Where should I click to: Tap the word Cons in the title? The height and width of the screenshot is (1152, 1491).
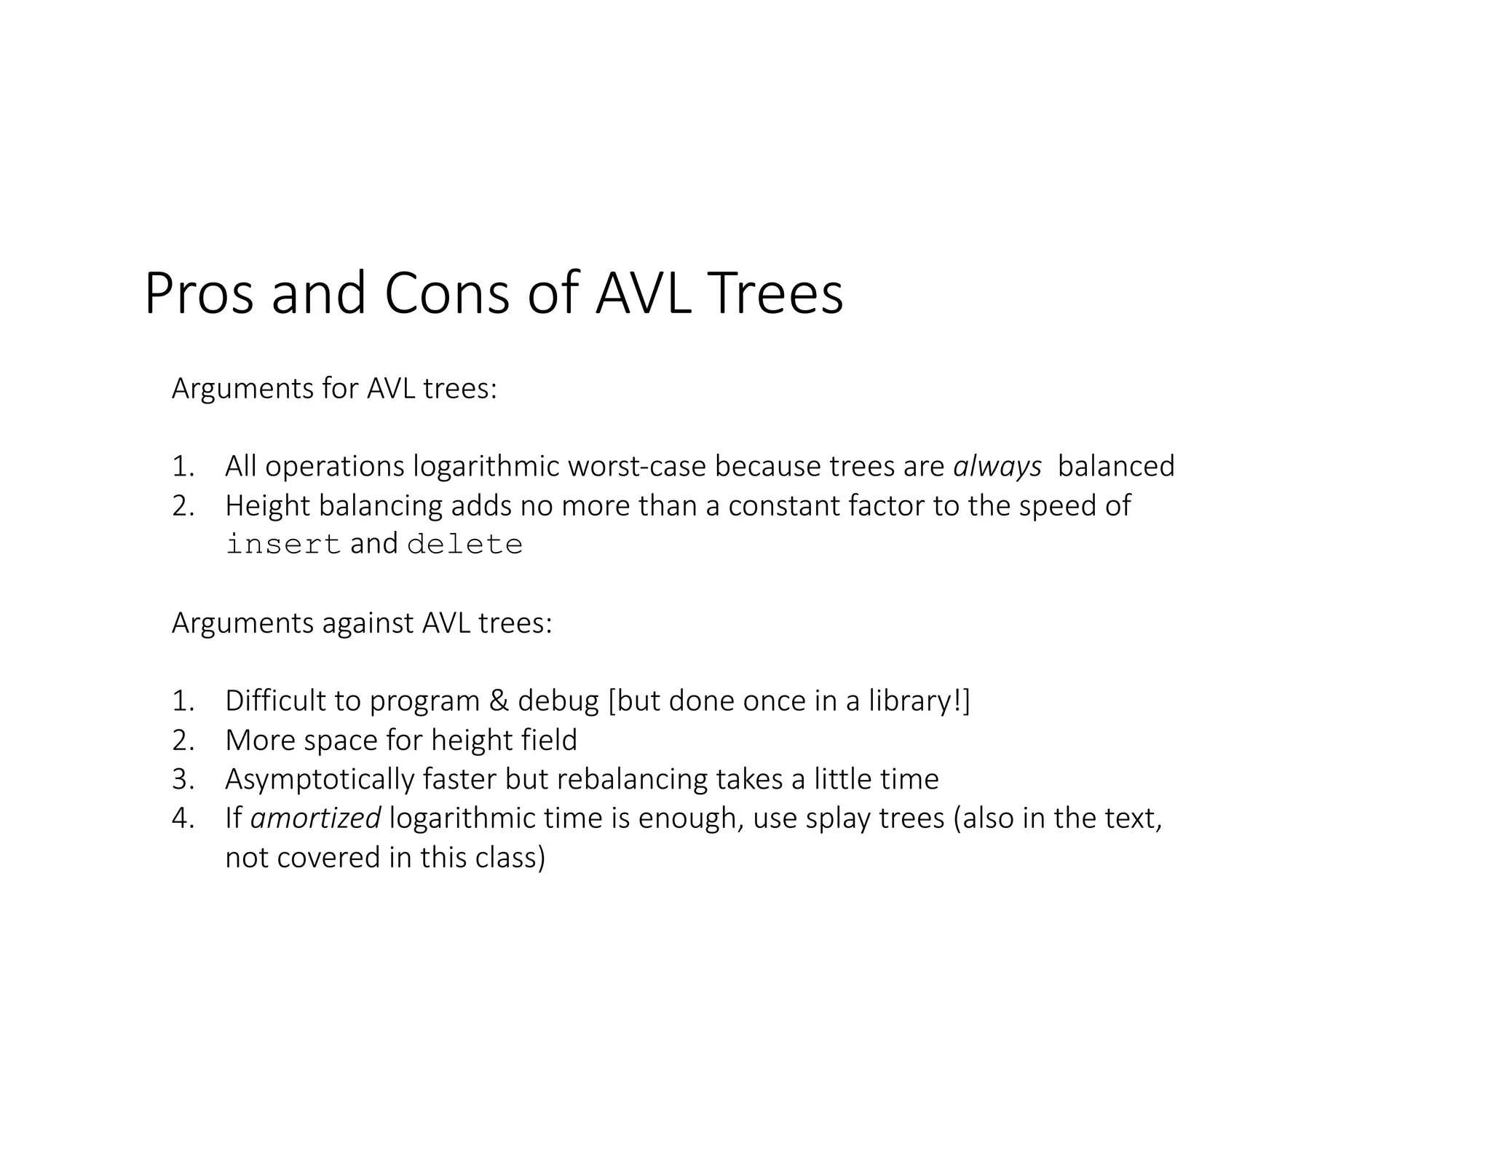tap(446, 293)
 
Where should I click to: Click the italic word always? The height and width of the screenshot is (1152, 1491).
tap(997, 467)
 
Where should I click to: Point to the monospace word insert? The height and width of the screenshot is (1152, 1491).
tap(283, 545)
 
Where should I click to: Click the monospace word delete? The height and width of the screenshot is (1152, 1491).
tap(464, 545)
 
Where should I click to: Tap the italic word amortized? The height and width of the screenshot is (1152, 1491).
tap(315, 818)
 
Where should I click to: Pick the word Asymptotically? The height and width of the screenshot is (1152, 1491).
tap(320, 779)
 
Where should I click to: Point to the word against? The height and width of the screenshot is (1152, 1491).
tap(368, 623)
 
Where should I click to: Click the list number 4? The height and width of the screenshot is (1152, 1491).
tap(182, 818)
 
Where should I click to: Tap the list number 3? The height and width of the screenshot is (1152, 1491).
tap(182, 779)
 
